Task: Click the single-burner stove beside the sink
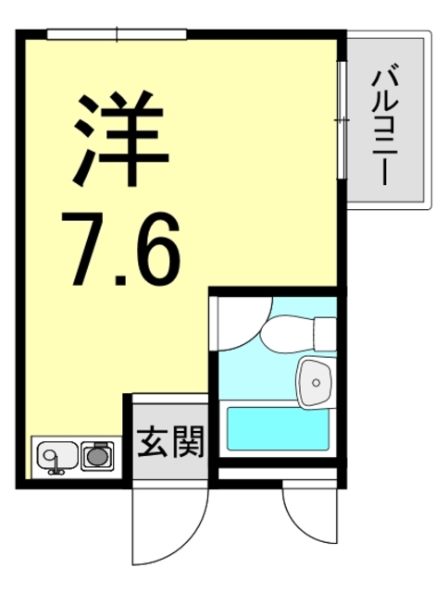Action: click(x=96, y=454)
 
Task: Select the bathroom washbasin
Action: click(x=317, y=380)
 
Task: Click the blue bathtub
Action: click(x=278, y=427)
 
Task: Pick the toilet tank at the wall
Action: click(x=324, y=329)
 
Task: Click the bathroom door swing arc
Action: click(x=243, y=324)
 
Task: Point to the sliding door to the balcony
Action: click(x=342, y=120)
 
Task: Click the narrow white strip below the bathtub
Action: click(x=278, y=475)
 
